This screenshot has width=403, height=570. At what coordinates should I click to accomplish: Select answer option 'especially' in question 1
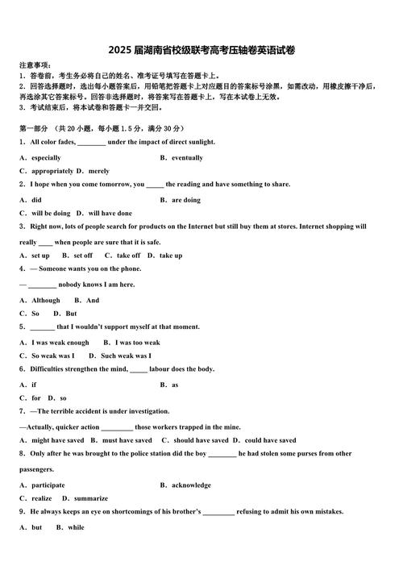[x=46, y=158]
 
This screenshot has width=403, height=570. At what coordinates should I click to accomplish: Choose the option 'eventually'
[x=187, y=158]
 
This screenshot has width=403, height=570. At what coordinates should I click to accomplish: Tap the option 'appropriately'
[x=52, y=171]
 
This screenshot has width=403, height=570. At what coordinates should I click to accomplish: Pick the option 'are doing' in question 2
[x=186, y=200]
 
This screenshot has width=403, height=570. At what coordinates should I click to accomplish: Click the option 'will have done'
[x=110, y=214]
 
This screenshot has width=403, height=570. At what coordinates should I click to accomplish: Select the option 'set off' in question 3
[x=82, y=256]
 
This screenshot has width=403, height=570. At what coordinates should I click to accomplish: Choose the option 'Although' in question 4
[x=46, y=300]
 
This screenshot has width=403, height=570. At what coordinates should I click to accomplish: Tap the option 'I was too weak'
[x=137, y=343]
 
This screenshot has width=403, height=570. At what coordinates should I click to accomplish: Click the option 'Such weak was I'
[x=126, y=356]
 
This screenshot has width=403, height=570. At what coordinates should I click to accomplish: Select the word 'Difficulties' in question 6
[x=52, y=369]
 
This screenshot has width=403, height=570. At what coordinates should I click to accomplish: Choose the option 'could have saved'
[x=270, y=440]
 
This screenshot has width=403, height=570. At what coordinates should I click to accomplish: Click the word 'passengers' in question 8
[x=36, y=469]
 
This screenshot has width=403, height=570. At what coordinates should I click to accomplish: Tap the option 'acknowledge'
[x=191, y=485]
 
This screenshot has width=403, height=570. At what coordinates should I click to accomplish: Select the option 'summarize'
[x=90, y=498]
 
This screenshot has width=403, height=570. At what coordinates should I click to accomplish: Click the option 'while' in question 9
[x=76, y=527]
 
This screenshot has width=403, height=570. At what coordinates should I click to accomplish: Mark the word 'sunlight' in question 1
[x=196, y=142]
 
